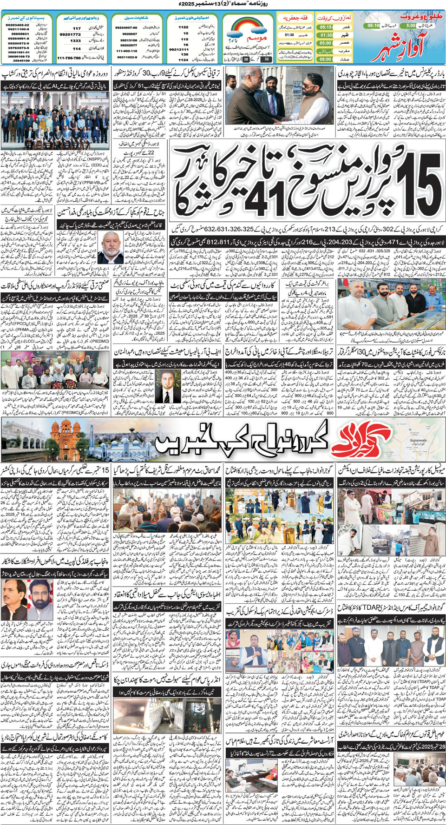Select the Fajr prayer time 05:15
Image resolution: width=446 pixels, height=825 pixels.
pyautogui.click(x=326, y=27)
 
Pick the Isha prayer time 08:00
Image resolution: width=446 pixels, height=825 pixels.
pyautogui.click(x=326, y=59)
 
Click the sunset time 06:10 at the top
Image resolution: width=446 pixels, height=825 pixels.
pyautogui.click(x=373, y=26)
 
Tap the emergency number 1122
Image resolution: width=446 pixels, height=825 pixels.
pyautogui.click(x=184, y=27)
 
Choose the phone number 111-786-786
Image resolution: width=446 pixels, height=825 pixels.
pyautogui.click(x=69, y=58)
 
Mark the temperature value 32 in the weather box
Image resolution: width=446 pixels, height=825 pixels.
pyautogui.click(x=266, y=59)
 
